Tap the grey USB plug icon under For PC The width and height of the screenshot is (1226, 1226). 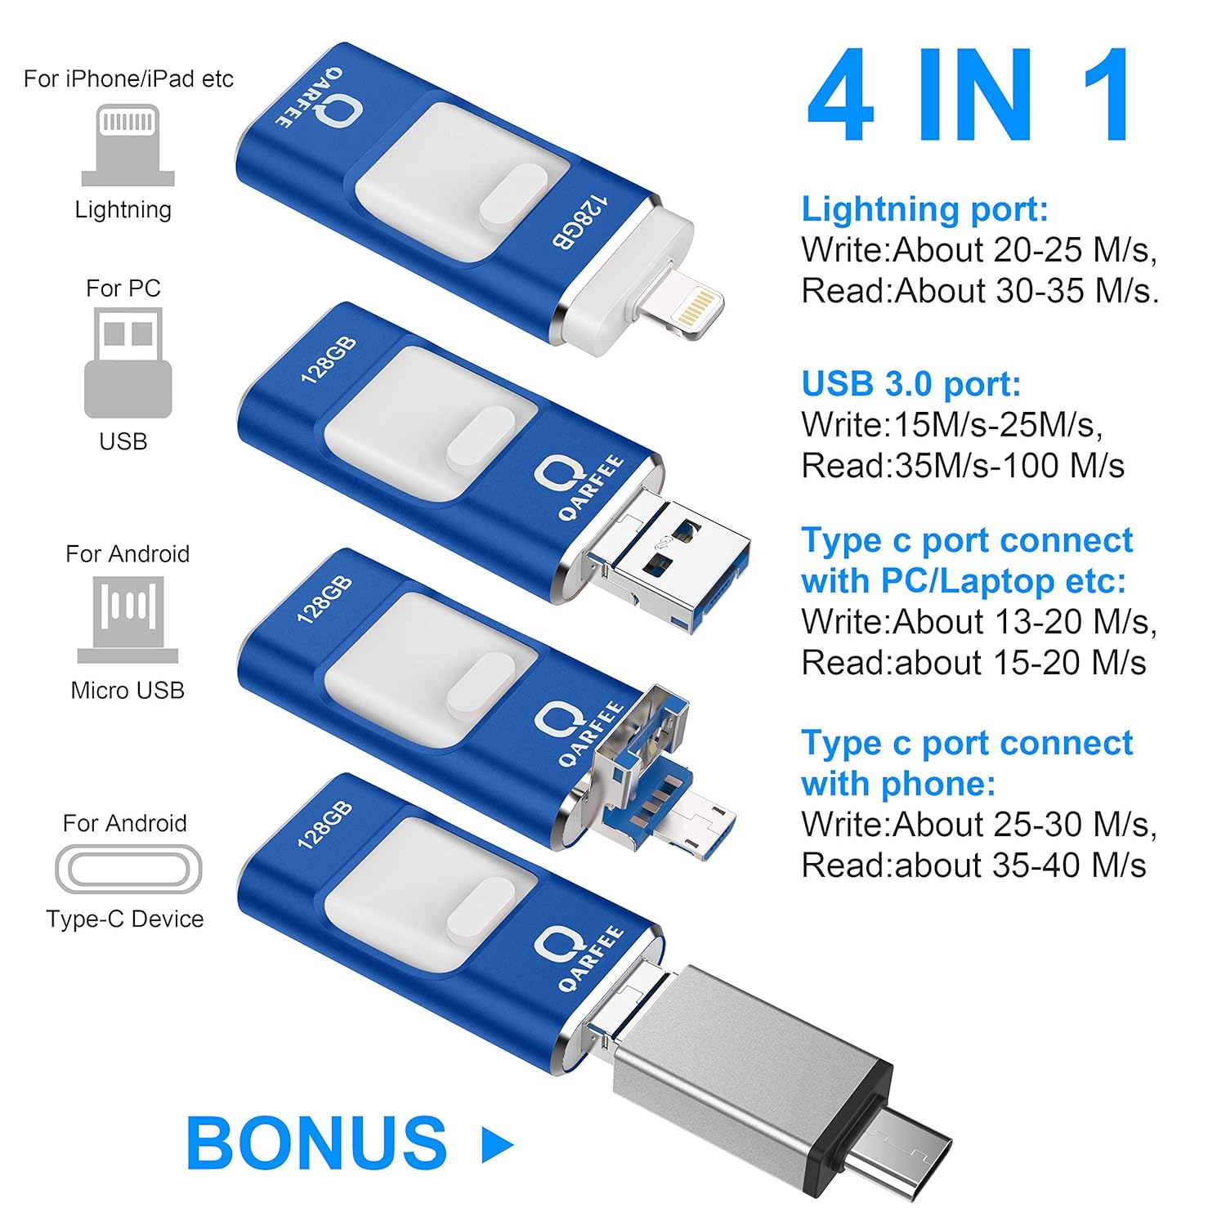click(x=128, y=363)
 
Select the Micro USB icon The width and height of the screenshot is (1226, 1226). click(x=128, y=619)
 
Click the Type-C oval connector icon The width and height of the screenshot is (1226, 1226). click(x=128, y=869)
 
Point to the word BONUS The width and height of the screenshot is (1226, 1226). click(x=317, y=1143)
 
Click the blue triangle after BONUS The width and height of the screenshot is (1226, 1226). click(x=497, y=1144)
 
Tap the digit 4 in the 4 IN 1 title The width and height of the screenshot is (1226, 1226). click(x=842, y=96)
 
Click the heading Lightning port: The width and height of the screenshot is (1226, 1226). click(x=924, y=209)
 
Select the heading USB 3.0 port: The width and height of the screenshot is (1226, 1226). click(x=911, y=383)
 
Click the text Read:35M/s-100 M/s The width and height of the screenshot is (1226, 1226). click(x=963, y=466)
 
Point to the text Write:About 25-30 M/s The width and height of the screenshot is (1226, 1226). click(x=979, y=824)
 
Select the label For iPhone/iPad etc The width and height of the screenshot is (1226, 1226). click(x=128, y=79)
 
